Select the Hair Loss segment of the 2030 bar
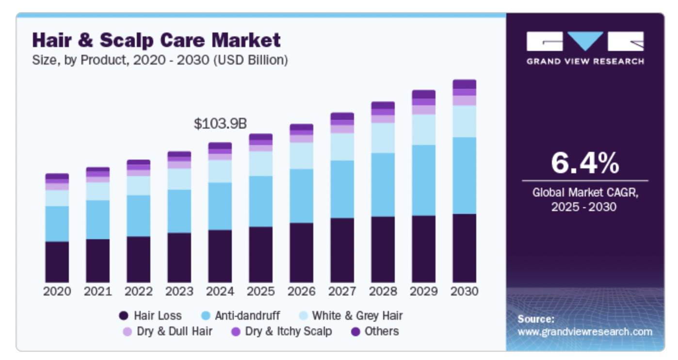464,247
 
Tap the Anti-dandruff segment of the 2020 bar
57,223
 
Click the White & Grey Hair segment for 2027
342,147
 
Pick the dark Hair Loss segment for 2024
220,256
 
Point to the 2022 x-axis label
138,292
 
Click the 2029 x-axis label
423,292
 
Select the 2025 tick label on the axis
260,292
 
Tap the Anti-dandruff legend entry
241,316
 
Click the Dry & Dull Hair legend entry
167,331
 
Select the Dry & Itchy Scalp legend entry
282,331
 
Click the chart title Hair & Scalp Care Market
156,40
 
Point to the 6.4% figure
585,163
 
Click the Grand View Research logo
585,48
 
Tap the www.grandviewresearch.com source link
585,332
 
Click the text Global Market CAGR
585,192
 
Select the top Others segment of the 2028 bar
383,105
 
